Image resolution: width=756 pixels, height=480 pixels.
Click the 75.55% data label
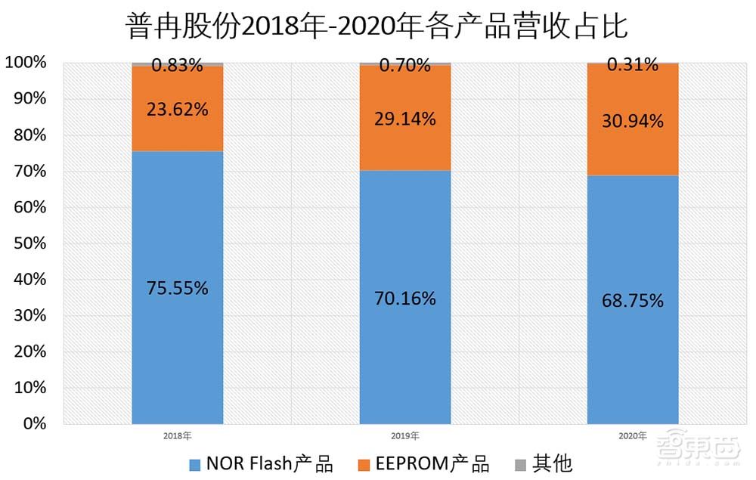tap(178, 288)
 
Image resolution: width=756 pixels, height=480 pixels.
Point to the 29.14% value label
tap(405, 119)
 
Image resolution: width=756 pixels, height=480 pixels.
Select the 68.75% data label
tap(633, 300)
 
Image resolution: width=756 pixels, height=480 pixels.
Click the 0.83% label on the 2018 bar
tap(178, 66)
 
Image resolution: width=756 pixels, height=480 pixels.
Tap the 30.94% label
tap(633, 120)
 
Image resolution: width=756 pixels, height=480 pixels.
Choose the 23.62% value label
tap(178, 110)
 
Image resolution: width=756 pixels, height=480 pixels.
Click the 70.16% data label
tap(405, 299)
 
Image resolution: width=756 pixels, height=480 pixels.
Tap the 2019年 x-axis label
tap(404, 436)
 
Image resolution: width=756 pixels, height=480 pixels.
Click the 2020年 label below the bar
tap(632, 436)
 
